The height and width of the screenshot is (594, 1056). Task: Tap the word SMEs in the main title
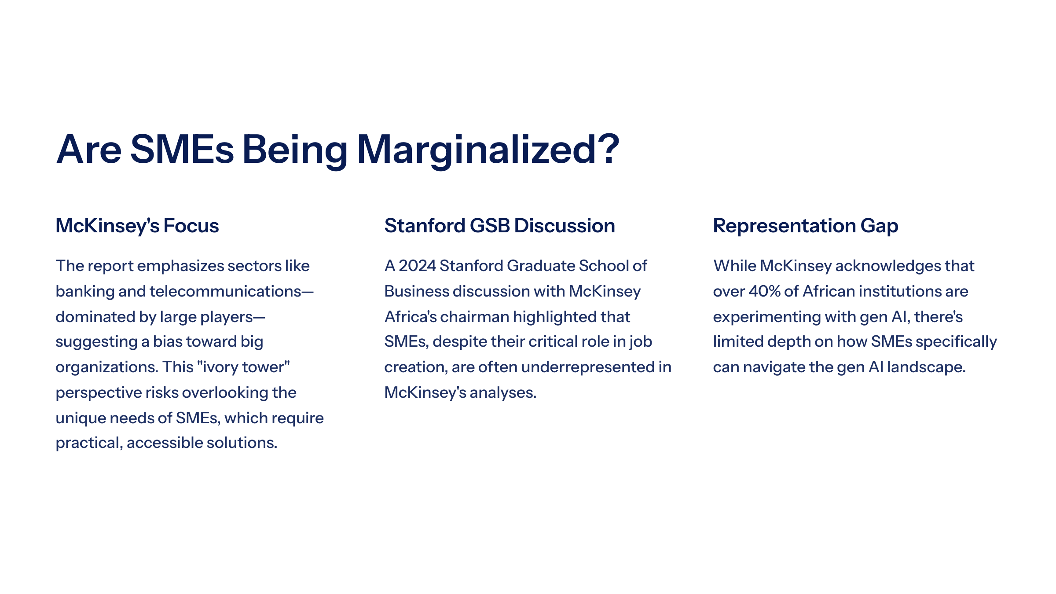coord(182,150)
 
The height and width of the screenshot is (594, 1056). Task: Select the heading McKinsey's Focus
coord(137,226)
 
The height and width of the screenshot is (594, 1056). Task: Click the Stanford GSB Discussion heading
coord(500,226)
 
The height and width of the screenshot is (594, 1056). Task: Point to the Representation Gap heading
coord(806,226)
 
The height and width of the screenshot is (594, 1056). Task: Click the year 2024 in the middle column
coord(417,266)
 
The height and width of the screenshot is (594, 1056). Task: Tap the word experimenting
coord(767,317)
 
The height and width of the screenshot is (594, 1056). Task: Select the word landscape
coord(926,367)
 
